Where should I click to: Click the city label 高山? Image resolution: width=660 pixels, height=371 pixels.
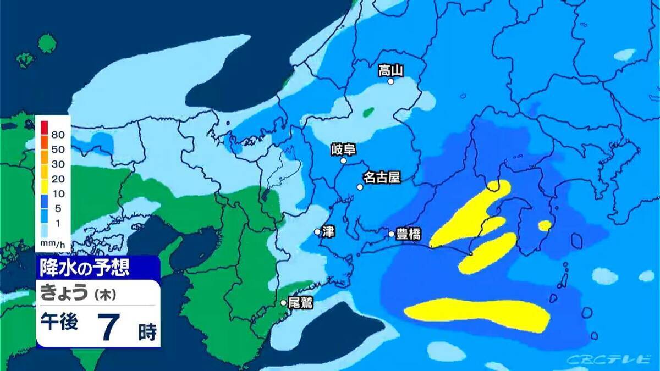[391, 70]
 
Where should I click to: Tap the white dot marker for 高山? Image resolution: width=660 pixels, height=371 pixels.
[391, 81]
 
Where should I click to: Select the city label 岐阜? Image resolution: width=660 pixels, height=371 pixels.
[344, 149]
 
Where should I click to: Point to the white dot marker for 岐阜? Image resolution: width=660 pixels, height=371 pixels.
[344, 161]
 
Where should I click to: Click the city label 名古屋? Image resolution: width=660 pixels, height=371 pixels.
[381, 178]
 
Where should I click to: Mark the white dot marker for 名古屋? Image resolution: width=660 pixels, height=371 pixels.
[360, 187]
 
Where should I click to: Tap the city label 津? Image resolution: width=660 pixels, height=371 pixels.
[328, 231]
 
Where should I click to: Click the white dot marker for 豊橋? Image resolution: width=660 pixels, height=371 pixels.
[392, 234]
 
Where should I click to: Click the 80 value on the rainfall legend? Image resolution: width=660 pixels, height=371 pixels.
[58, 134]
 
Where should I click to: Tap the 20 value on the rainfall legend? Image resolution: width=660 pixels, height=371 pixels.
[58, 179]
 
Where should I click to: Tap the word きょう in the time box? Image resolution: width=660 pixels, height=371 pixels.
[64, 294]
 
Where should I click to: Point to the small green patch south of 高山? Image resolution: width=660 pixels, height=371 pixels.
[369, 113]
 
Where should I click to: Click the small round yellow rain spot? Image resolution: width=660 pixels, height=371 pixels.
[545, 225]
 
